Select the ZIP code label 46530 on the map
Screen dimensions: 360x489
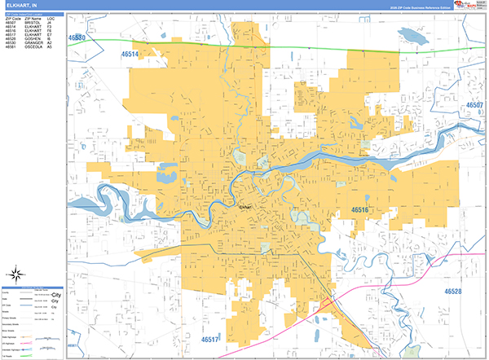[79, 37]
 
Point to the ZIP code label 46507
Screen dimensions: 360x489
[474, 105]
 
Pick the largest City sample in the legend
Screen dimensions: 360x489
[57, 293]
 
